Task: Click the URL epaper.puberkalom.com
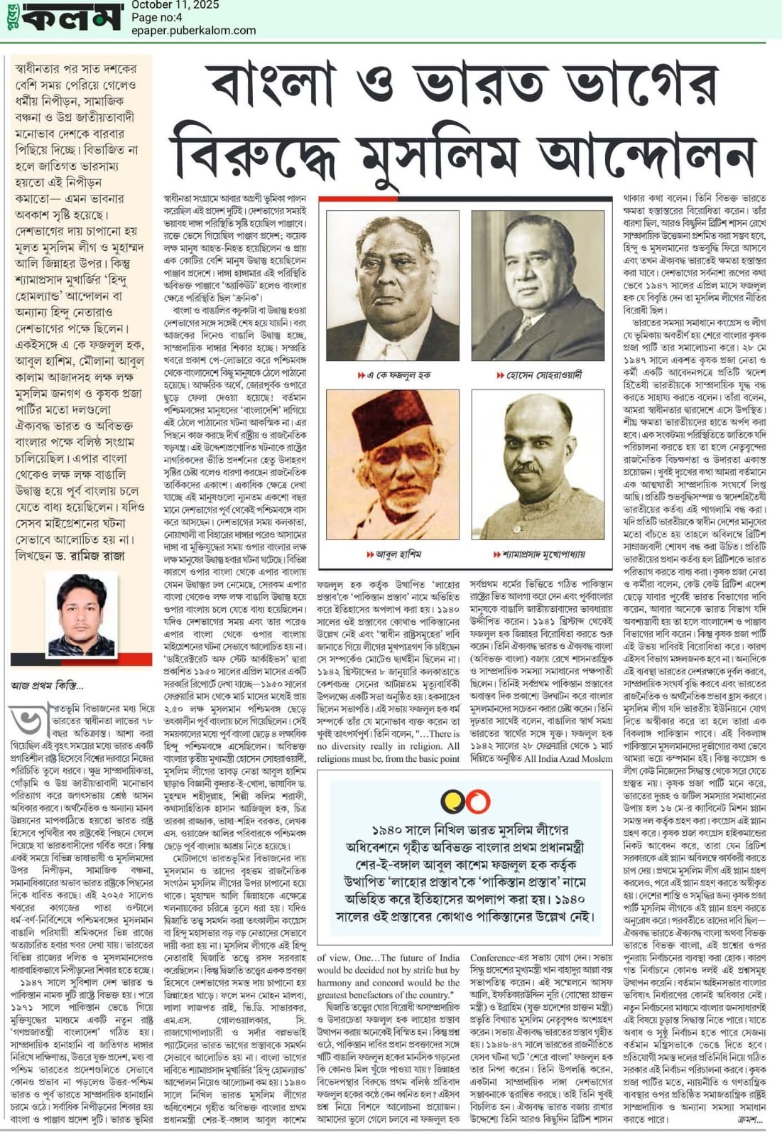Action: tap(194, 31)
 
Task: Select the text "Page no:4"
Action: tap(157, 18)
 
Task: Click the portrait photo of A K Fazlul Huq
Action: tap(392, 286)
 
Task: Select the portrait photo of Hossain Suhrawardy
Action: tap(538, 286)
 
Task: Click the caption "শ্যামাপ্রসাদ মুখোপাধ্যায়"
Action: tap(539, 554)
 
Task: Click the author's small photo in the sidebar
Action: tap(80, 614)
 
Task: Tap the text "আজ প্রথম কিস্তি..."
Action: tap(47, 686)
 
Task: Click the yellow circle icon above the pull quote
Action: tap(453, 802)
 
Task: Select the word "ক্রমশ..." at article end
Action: tap(749, 1119)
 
